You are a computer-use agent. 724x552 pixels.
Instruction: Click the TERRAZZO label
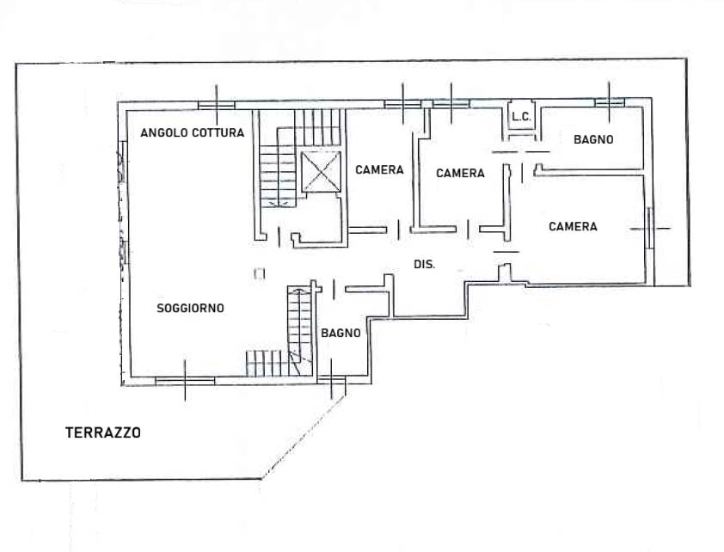(x=103, y=432)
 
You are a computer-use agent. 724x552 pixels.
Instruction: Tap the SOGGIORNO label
(x=190, y=308)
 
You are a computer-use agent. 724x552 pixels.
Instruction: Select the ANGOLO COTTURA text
(x=192, y=133)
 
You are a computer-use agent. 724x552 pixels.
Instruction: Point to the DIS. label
(x=424, y=265)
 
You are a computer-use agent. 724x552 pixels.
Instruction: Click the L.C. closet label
(x=521, y=117)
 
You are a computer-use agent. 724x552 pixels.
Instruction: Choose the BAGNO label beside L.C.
(x=593, y=139)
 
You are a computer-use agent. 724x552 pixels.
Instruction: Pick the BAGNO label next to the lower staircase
(x=341, y=333)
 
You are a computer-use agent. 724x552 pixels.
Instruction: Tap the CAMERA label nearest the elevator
(x=379, y=170)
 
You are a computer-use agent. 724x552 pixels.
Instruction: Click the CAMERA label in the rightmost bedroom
(x=573, y=226)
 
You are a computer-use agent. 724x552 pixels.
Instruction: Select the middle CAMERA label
(x=460, y=173)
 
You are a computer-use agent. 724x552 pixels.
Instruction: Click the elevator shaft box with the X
(x=321, y=171)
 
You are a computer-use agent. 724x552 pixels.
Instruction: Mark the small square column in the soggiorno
(x=260, y=273)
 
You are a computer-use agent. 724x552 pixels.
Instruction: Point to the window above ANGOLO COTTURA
(x=216, y=105)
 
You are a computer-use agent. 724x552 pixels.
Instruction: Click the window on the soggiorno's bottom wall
(x=185, y=381)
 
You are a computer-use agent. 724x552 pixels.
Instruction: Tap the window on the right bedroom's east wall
(x=650, y=228)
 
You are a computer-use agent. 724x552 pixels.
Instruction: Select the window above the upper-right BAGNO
(x=609, y=102)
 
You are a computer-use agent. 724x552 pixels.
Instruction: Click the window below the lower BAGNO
(x=332, y=380)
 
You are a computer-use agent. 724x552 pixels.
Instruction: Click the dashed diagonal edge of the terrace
(x=304, y=437)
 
